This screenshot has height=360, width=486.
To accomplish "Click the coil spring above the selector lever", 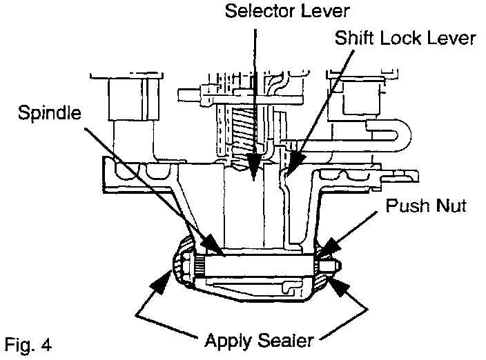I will [x=244, y=131].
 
